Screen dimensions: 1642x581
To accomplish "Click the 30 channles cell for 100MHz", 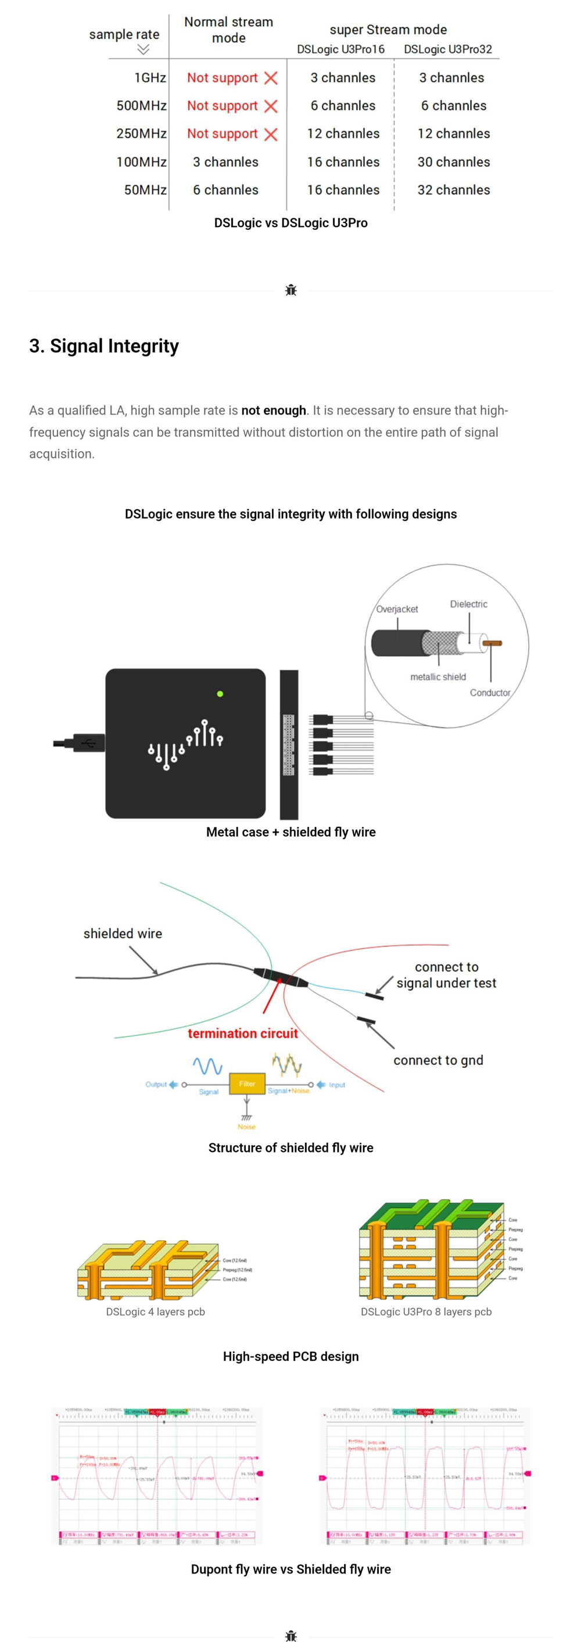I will [x=453, y=162].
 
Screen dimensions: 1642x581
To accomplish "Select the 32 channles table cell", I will [x=453, y=190].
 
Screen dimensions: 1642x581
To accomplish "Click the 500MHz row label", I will [x=141, y=106].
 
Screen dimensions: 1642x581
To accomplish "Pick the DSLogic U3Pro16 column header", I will [x=340, y=49].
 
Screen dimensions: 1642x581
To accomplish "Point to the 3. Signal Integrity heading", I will [x=104, y=346].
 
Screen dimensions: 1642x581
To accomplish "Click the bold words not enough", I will [x=274, y=410].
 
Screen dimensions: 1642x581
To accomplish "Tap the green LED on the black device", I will [x=220, y=693].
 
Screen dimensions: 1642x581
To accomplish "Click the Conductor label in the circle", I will [x=490, y=693].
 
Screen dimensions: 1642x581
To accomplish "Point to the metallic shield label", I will [x=437, y=677].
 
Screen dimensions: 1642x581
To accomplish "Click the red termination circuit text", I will [x=242, y=1034].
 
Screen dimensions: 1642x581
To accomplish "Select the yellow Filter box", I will [x=247, y=1083].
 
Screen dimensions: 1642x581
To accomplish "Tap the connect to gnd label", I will [x=438, y=1060].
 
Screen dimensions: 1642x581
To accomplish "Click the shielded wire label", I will [x=123, y=934].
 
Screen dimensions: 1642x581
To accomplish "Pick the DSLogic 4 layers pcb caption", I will [x=155, y=1312].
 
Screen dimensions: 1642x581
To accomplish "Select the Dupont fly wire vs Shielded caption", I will [x=291, y=1569].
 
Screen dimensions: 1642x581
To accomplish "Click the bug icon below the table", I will [x=291, y=291].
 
